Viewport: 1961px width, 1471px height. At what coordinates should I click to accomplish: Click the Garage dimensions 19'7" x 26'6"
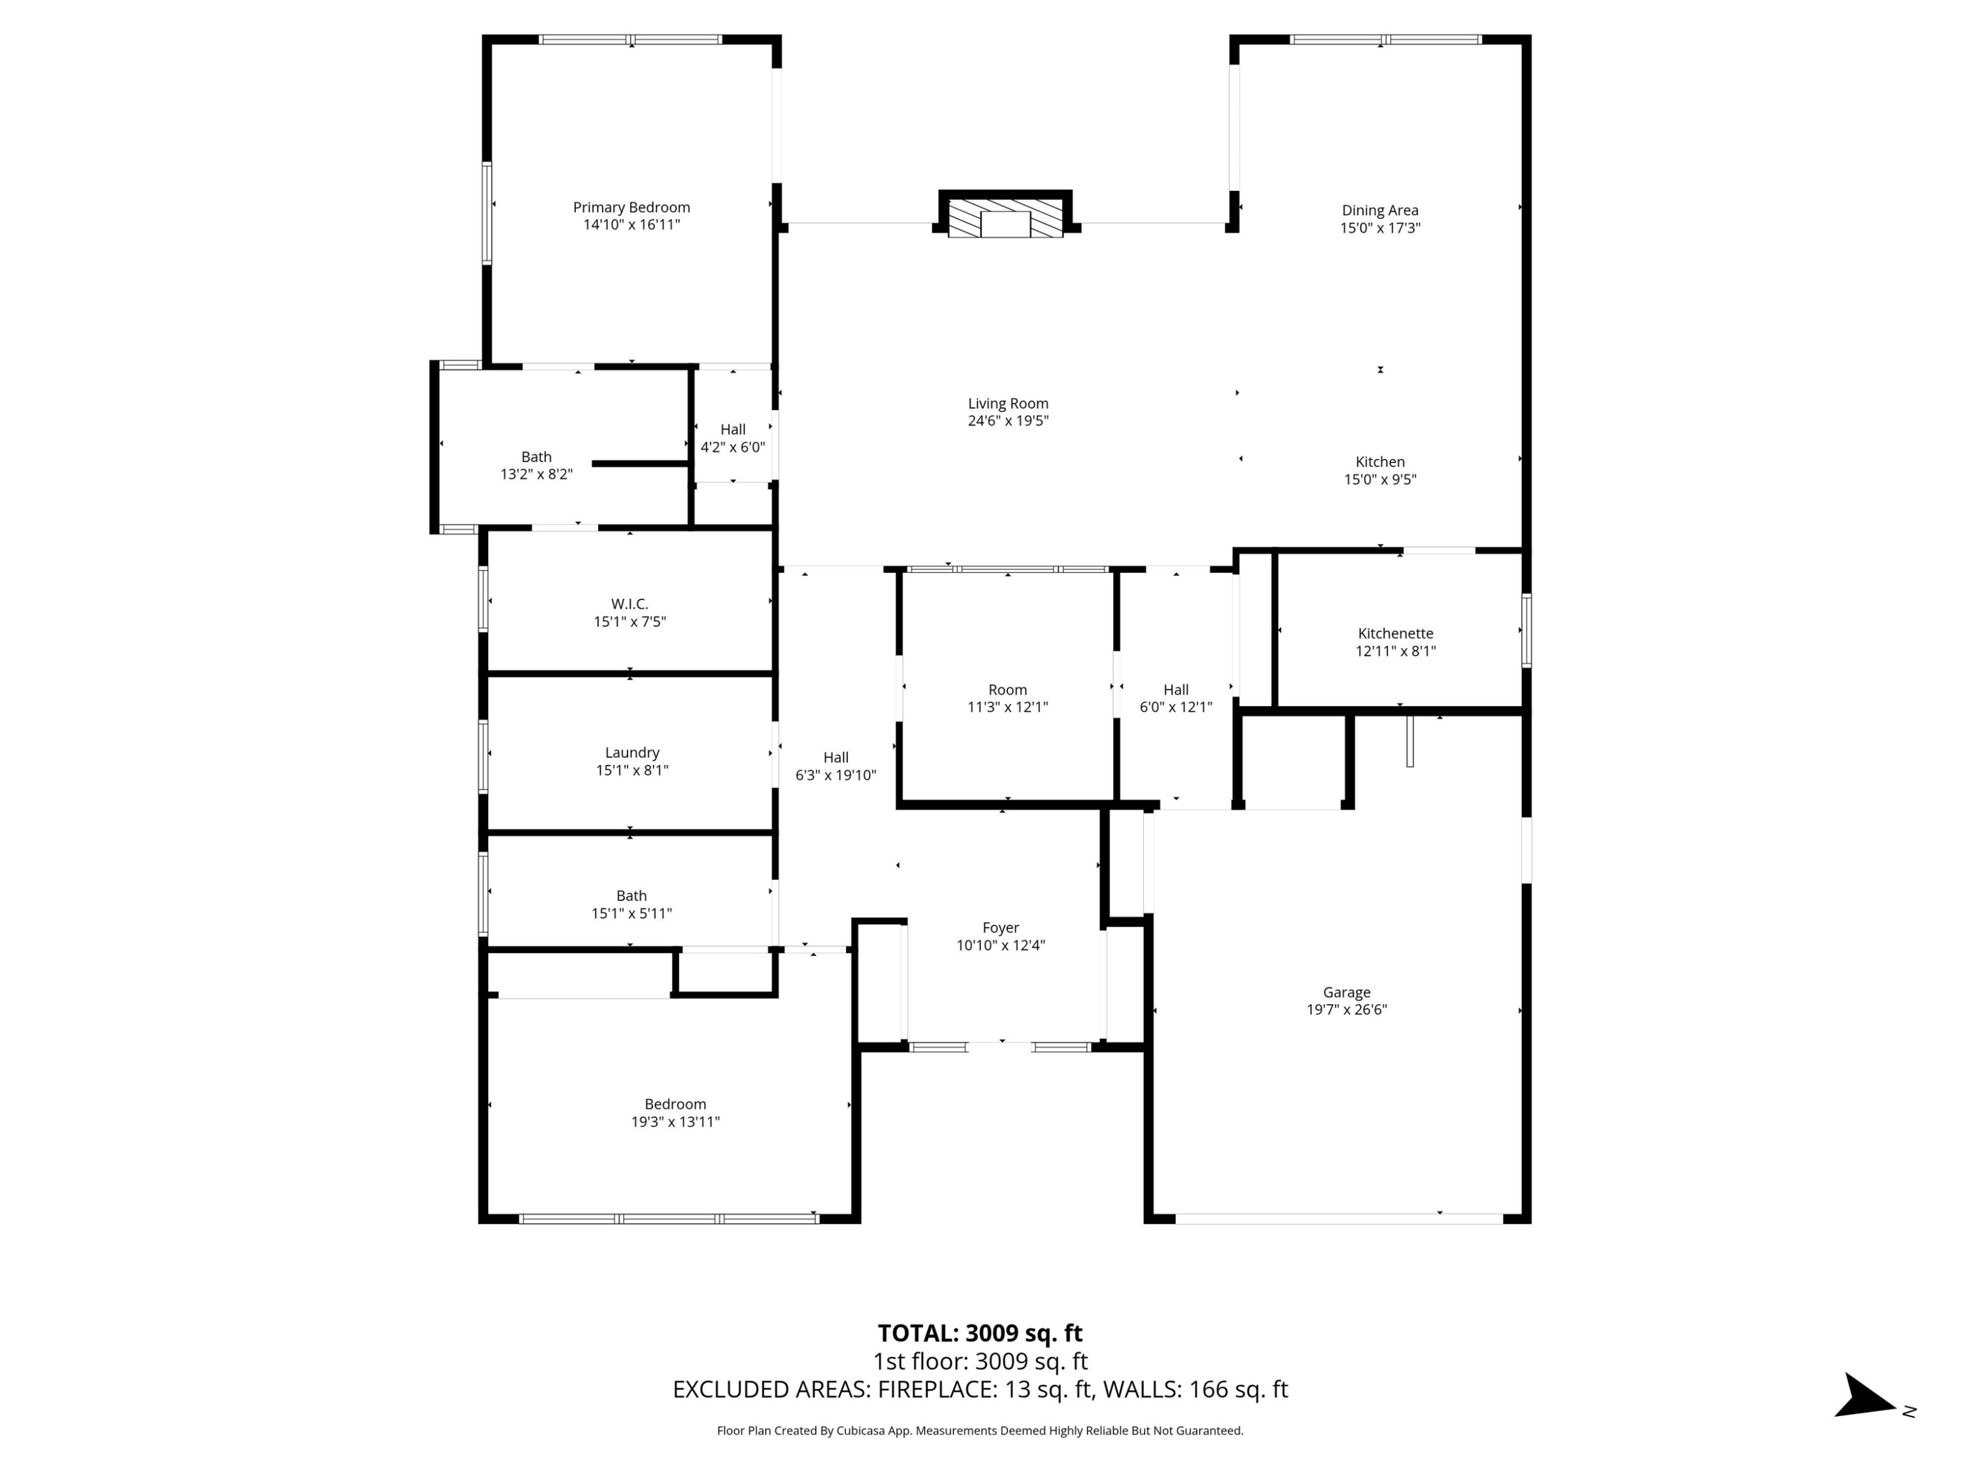click(x=1346, y=1009)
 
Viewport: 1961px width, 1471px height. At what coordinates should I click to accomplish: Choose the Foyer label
click(x=1000, y=928)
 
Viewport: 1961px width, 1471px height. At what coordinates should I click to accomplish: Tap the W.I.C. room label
click(x=629, y=604)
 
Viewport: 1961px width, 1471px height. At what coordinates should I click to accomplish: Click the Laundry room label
click(x=631, y=752)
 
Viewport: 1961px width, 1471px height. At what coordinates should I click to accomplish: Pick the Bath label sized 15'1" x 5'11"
click(x=631, y=896)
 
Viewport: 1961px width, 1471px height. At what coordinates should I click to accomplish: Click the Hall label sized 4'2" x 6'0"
click(x=732, y=429)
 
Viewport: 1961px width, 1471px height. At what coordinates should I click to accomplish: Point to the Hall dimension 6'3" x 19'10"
click(x=835, y=775)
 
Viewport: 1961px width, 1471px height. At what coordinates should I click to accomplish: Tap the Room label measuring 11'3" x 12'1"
click(x=1007, y=690)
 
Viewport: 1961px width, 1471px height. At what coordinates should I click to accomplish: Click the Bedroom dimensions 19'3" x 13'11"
click(x=675, y=1122)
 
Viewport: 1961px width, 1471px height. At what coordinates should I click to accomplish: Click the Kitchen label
click(x=1379, y=462)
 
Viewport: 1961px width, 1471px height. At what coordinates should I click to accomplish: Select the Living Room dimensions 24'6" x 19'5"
click(x=1007, y=420)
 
